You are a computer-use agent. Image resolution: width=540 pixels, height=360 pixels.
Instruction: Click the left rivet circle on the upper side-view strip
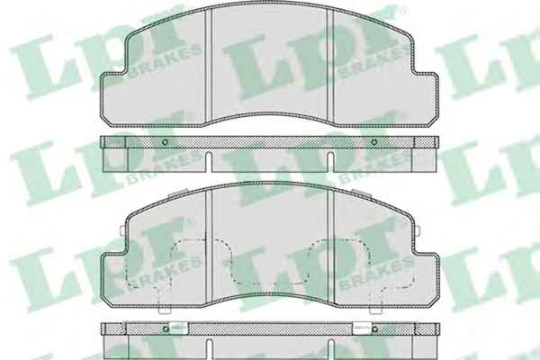tap(165, 142)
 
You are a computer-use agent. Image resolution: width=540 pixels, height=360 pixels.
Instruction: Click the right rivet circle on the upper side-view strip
tap(374, 142)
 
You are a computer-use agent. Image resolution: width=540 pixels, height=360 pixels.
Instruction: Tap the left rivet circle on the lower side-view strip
tap(166, 329)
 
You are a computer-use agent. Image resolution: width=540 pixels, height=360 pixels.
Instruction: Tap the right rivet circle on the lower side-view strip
tap(374, 329)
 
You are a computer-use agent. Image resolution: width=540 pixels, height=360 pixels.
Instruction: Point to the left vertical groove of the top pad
tap(209, 65)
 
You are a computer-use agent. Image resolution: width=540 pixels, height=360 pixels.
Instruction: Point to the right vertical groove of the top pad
tap(330, 66)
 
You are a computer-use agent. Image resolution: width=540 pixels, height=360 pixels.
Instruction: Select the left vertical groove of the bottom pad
tap(209, 247)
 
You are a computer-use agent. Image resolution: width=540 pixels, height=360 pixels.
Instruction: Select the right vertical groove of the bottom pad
tap(331, 247)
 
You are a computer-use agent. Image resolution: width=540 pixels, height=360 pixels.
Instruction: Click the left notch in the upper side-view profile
tap(209, 162)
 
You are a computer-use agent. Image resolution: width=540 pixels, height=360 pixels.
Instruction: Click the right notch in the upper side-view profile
tap(330, 162)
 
